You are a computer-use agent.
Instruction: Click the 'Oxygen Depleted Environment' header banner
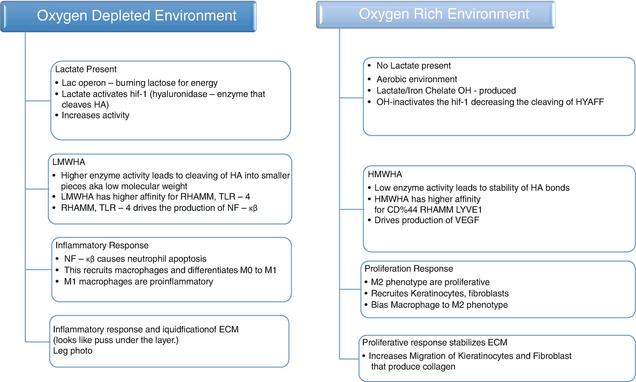(128, 16)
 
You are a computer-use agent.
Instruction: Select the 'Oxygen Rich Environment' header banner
(436, 14)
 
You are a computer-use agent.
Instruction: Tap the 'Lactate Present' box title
(86, 69)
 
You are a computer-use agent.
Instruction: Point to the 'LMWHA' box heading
(69, 162)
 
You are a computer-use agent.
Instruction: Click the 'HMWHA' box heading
(385, 174)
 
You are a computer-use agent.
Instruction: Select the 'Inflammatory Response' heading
(102, 245)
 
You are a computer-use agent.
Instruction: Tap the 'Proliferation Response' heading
(409, 269)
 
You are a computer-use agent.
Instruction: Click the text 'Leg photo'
(73, 351)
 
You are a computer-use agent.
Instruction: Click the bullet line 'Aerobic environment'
(417, 79)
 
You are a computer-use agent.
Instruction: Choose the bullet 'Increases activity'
(95, 115)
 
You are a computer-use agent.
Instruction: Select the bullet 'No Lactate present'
(413, 66)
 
